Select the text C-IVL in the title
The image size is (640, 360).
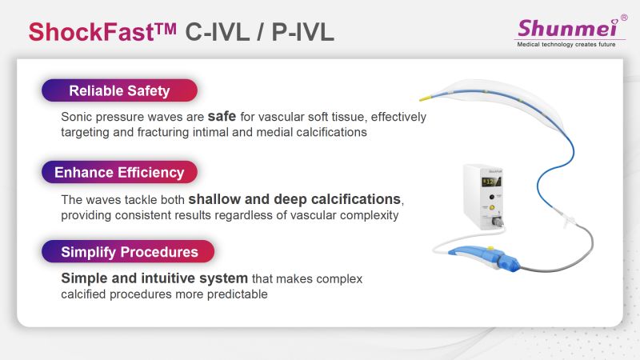coord(217,32)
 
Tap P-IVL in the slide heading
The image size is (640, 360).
coord(303,32)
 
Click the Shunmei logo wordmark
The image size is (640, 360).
coord(568,28)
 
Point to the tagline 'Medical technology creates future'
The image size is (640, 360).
coord(566,44)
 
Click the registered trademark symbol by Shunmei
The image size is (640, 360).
coord(624,18)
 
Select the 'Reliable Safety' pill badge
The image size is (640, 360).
coord(119,90)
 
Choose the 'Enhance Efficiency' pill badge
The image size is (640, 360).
coord(119,172)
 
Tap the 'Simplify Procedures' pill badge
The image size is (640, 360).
coord(128,251)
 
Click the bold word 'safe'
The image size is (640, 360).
coord(222,116)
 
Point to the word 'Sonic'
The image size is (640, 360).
coord(75,117)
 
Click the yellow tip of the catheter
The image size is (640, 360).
coord(426,98)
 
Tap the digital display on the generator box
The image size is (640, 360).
coord(491,182)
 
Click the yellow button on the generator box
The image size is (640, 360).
coord(492,207)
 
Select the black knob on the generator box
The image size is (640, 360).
coord(492,197)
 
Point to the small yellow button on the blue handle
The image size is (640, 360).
coord(490,248)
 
